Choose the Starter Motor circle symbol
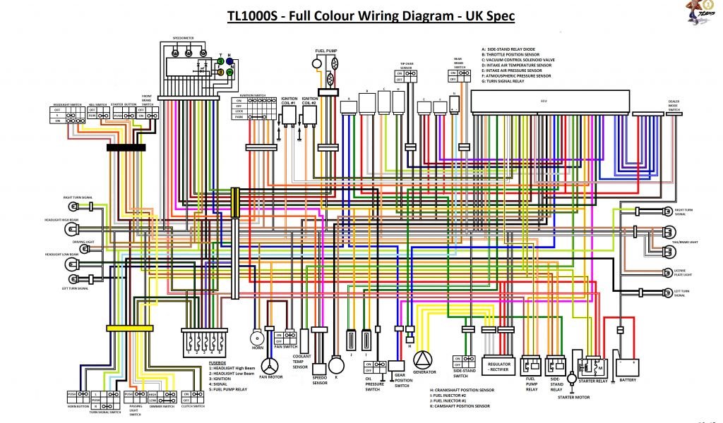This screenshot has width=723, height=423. coord(563,378)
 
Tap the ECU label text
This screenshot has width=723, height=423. coord(544,102)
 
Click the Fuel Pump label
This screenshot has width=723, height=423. coord(325,51)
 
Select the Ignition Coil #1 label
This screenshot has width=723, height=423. coord(289,101)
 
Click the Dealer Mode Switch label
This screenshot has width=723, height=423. coord(674,106)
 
